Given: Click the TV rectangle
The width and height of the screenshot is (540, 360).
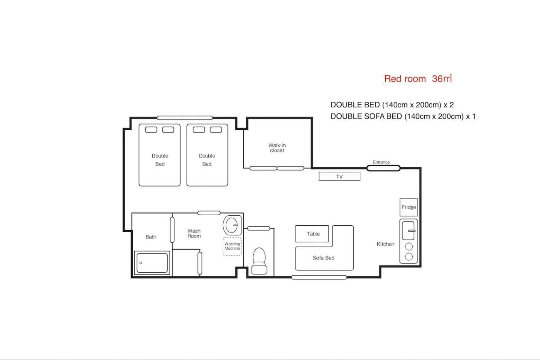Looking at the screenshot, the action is pyautogui.click(x=340, y=176).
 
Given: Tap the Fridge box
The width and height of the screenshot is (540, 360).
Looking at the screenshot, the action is pyautogui.click(x=409, y=207).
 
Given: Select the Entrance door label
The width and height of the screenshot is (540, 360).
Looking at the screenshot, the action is pyautogui.click(x=381, y=162).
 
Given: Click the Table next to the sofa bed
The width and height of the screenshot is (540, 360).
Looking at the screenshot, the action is pyautogui.click(x=312, y=234).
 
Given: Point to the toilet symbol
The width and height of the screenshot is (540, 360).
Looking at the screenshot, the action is pyautogui.click(x=259, y=261).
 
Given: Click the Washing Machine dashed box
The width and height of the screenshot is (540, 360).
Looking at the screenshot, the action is pyautogui.click(x=232, y=246).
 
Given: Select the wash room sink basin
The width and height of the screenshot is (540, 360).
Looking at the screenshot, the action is pyautogui.click(x=232, y=225).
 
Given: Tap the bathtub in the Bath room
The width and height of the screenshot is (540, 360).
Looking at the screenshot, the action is pyautogui.click(x=152, y=263).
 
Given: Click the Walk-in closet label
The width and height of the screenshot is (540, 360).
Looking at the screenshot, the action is pyautogui.click(x=277, y=148).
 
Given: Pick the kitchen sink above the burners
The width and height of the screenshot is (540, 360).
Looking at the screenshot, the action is pyautogui.click(x=408, y=231).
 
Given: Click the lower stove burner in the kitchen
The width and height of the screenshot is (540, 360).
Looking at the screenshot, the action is pyautogui.click(x=409, y=257).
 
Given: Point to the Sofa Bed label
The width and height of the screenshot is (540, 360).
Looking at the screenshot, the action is pyautogui.click(x=324, y=258).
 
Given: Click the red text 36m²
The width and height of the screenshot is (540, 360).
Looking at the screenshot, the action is pyautogui.click(x=442, y=78).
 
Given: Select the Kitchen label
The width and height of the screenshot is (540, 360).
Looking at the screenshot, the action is pyautogui.click(x=386, y=244).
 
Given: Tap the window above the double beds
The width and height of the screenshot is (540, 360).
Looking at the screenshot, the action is pyautogui.click(x=185, y=118).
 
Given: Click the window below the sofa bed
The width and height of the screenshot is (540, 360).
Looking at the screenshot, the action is pyautogui.click(x=319, y=277).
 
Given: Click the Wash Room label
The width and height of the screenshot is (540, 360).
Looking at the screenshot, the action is pyautogui.click(x=194, y=233).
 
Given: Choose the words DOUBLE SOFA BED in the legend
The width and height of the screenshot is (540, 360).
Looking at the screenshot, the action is pyautogui.click(x=366, y=116).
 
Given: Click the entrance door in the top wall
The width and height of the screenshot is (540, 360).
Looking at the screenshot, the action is pyautogui.click(x=383, y=168).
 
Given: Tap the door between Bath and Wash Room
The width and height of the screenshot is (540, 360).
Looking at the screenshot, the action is pyautogui.click(x=172, y=230).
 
